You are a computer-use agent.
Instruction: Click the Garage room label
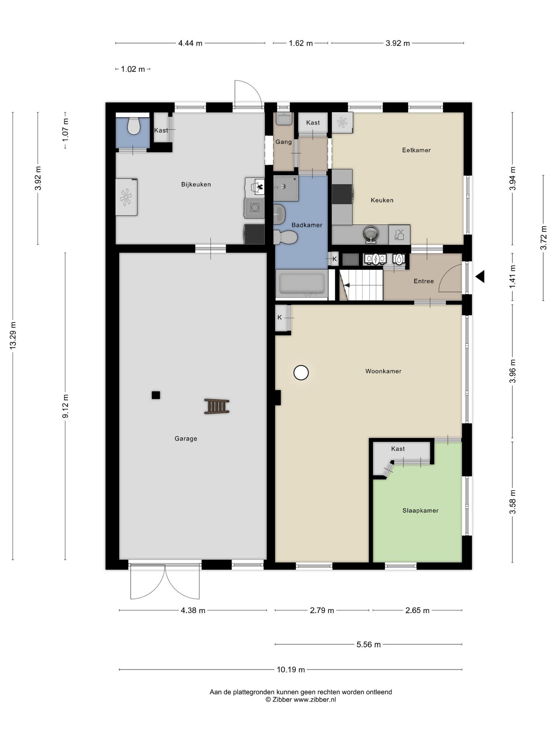[186, 439]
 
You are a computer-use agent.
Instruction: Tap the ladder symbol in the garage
[216, 406]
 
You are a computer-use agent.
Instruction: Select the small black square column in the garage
[156, 395]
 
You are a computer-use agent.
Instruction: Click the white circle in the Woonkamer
[301, 372]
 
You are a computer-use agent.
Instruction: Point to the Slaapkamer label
[420, 510]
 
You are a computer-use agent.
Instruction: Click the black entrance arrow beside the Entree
[480, 277]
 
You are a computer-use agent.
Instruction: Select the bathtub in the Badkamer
[302, 284]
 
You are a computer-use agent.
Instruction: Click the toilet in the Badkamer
[286, 237]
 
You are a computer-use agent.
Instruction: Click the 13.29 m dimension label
[13, 335]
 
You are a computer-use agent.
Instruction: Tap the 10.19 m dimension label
[291, 670]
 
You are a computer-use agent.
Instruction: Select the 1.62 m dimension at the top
[300, 43]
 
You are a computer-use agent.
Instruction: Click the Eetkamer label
[416, 150]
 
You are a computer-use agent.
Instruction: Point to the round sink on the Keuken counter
[370, 234]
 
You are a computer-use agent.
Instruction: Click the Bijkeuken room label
[196, 184]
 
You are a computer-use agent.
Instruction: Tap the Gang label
[283, 142]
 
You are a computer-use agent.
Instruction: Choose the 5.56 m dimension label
[368, 645]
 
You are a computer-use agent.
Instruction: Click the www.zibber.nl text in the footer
[315, 700]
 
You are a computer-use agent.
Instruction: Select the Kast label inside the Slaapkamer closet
[398, 449]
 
